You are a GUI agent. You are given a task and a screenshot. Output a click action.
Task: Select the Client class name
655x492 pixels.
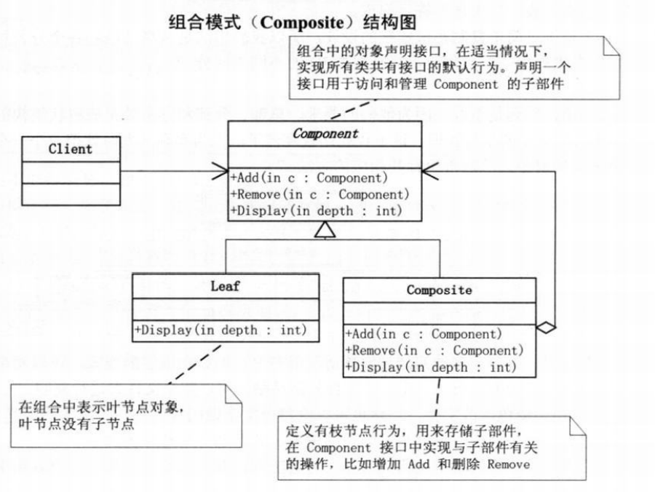71,149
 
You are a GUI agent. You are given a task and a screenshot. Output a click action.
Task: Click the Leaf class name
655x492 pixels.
225,286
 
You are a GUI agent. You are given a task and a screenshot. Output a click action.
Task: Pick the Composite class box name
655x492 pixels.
439,290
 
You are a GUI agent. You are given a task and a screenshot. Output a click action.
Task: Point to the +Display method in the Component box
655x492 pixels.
317,211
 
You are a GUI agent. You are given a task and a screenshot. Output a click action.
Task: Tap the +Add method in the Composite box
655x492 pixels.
425,335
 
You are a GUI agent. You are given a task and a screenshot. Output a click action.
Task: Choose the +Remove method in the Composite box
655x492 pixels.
435,351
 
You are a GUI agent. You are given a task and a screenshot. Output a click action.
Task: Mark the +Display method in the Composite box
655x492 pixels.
431,368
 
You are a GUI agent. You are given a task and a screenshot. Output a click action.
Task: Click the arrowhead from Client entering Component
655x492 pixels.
220,172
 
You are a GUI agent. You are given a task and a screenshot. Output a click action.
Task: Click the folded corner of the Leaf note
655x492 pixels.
234,394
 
